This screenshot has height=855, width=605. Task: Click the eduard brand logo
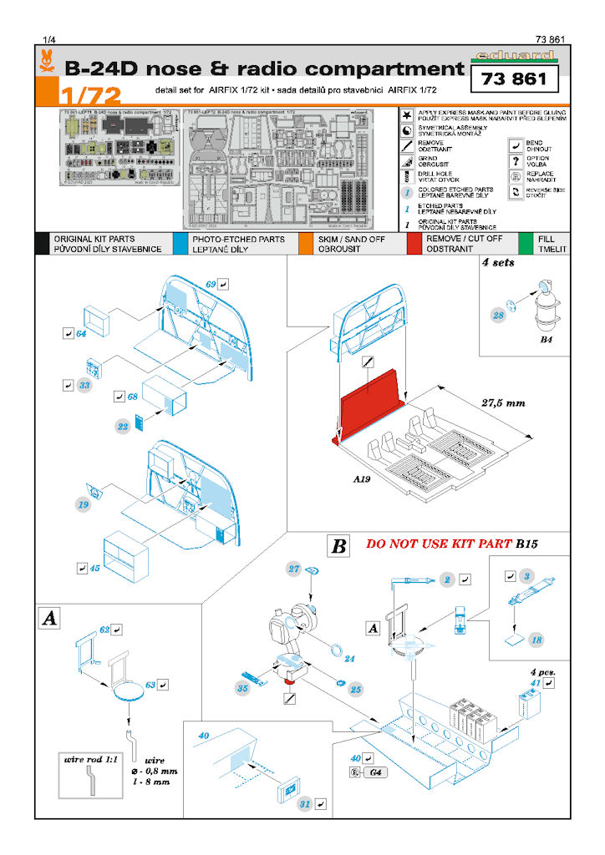point(513,58)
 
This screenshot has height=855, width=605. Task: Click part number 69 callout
point(211,285)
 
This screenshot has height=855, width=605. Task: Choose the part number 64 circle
point(81,334)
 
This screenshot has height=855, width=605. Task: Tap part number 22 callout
point(122,426)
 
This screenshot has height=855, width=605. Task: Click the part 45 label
point(94,569)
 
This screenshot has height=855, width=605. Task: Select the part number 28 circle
point(498,315)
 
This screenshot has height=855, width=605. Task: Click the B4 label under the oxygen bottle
point(547,341)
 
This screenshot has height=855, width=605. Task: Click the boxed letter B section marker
point(338,547)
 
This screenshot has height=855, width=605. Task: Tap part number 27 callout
point(293,569)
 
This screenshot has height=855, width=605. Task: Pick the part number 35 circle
point(242,690)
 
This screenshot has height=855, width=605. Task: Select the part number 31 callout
point(305,805)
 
